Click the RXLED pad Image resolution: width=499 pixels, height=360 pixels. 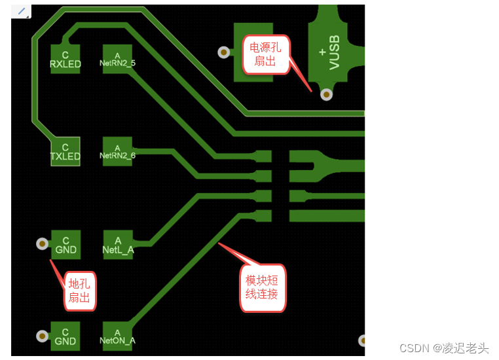(65, 58)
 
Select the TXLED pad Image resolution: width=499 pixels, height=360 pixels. (65, 151)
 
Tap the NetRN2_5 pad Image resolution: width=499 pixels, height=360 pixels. (117, 59)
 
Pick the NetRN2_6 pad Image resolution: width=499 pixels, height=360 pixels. (117, 151)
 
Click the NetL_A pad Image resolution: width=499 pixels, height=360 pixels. (118, 245)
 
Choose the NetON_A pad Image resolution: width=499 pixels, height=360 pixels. (118, 336)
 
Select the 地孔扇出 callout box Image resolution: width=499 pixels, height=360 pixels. (80, 291)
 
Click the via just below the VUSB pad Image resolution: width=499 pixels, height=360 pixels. (325, 95)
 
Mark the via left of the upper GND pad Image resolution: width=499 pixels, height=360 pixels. (42, 244)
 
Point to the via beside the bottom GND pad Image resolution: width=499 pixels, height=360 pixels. (42, 336)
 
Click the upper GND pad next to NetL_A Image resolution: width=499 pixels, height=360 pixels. (65, 245)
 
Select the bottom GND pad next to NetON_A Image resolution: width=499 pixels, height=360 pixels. (65, 336)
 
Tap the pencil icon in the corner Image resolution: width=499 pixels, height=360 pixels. (21, 11)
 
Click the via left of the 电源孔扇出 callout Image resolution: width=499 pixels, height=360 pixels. (224, 52)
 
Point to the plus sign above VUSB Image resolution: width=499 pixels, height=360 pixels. (322, 51)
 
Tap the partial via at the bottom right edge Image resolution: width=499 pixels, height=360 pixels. (362, 340)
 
